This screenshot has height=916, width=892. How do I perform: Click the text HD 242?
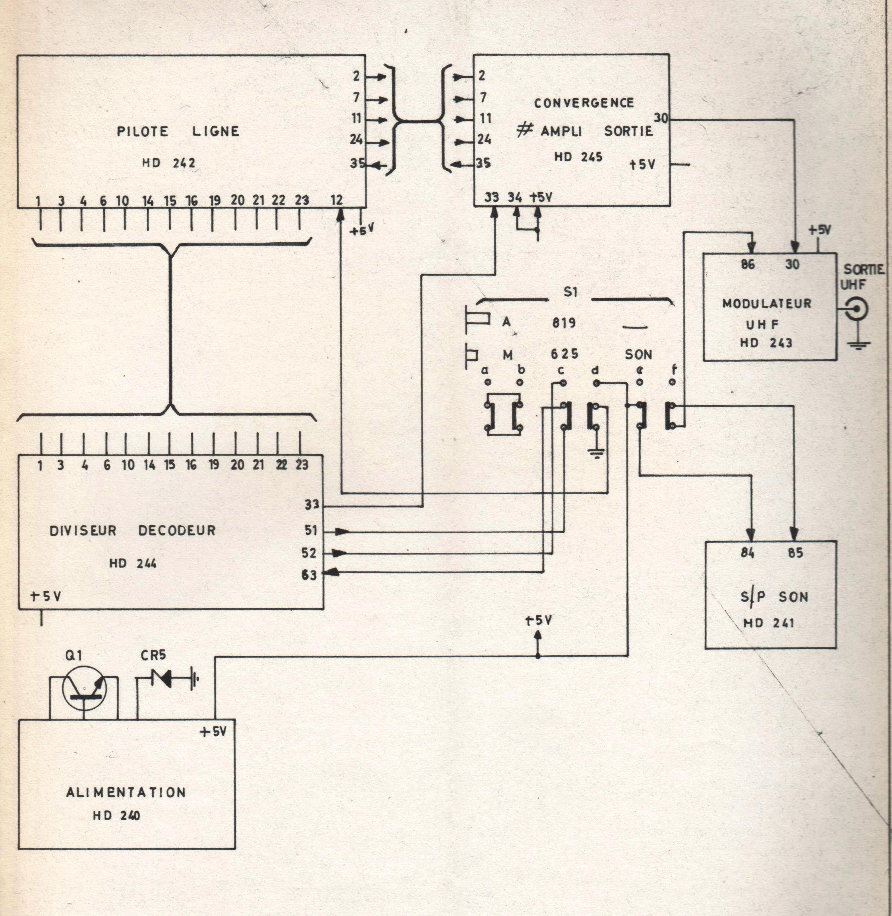click(169, 163)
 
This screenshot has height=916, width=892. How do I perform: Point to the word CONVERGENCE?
click(584, 103)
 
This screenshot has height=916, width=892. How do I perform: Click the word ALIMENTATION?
click(126, 792)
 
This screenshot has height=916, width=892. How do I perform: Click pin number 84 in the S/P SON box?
click(748, 553)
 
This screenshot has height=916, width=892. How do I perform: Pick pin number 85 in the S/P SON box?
click(795, 553)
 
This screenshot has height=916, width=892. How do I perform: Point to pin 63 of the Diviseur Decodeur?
click(309, 575)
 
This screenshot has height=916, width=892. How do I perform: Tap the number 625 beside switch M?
click(565, 354)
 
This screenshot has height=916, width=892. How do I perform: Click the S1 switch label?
click(570, 292)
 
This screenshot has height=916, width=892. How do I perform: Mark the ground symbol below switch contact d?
click(596, 453)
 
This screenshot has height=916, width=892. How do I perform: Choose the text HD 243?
click(766, 343)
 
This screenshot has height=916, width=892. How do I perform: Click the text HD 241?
click(768, 623)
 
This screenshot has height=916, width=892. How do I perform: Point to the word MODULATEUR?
click(766, 304)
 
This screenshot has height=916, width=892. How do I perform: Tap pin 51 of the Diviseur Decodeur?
click(311, 530)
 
